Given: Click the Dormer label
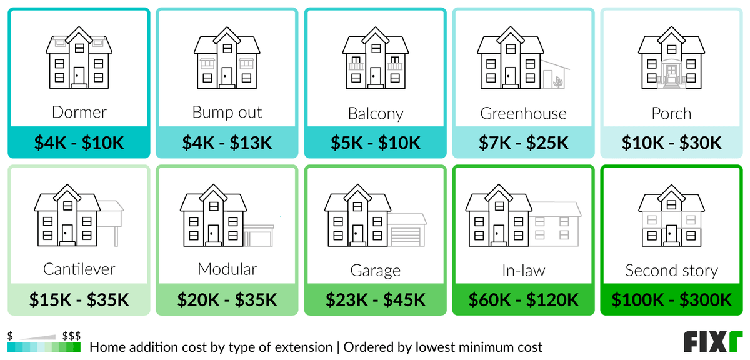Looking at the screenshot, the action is (x=79, y=112).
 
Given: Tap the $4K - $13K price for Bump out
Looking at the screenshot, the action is (x=227, y=142).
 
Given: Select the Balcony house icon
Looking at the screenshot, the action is (x=376, y=57).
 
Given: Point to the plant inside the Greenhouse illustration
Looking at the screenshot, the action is (x=558, y=82).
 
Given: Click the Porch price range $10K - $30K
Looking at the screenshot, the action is (x=672, y=142).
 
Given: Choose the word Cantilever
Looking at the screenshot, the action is (x=79, y=269).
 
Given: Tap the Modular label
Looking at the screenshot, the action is (x=227, y=269).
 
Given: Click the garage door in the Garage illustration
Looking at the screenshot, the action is (x=405, y=237).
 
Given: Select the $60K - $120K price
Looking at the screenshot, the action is (x=523, y=300).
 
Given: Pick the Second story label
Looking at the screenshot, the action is (x=672, y=271).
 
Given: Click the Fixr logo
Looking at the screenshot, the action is (x=713, y=342).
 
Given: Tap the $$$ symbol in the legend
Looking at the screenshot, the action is (x=71, y=336).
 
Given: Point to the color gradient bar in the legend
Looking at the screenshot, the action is (x=44, y=347).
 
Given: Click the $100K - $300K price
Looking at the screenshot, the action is (x=672, y=300).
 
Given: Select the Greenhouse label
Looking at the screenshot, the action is (x=523, y=114).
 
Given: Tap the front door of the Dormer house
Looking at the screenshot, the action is (x=79, y=76).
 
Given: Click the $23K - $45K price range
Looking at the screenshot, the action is (x=376, y=300).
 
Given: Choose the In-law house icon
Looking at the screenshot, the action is (x=523, y=216).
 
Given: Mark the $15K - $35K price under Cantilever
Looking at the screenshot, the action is (x=79, y=300).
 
